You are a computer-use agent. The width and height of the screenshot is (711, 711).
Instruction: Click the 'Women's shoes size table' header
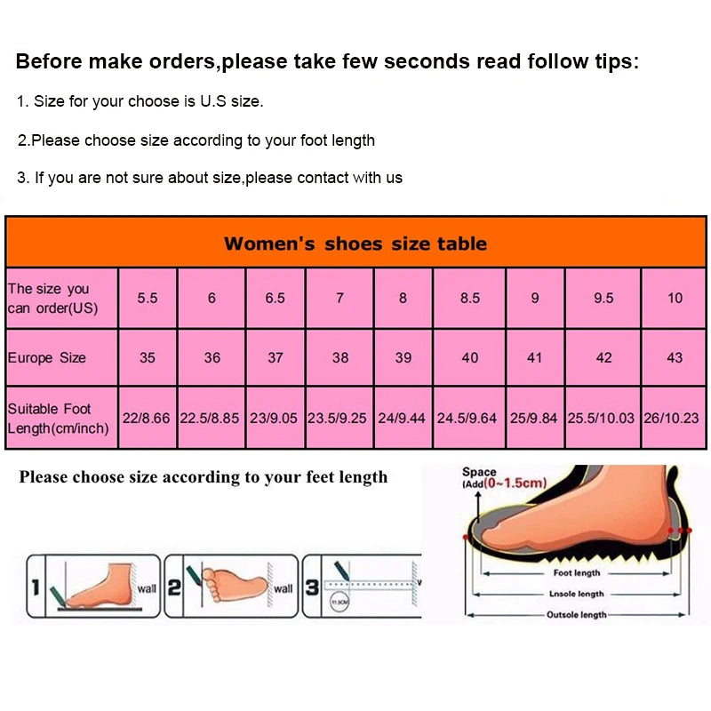tap(355, 244)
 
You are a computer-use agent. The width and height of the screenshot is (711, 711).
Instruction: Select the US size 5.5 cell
tap(148, 299)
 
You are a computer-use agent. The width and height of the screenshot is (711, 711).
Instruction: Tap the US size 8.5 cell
tap(470, 299)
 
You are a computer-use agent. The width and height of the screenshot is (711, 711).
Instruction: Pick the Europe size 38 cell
tap(340, 357)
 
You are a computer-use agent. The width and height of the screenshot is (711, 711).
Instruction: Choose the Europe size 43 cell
tap(675, 357)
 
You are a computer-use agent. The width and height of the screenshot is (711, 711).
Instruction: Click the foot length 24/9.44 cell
tap(403, 417)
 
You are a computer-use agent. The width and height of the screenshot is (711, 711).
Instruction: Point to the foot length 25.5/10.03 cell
tap(602, 417)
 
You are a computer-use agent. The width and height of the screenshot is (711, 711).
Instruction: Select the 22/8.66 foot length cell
tap(147, 417)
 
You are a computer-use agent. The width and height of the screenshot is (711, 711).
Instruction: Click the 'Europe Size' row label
tap(47, 357)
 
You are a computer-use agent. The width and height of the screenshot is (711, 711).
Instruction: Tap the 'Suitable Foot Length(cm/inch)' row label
tap(59, 418)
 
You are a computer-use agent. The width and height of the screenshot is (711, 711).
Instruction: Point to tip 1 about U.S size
tap(140, 101)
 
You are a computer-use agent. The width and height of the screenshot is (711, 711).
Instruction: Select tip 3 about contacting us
tap(210, 178)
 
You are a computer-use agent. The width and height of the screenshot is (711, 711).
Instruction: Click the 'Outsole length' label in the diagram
tap(576, 614)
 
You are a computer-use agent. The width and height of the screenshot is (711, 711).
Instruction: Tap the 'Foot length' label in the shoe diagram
tap(577, 574)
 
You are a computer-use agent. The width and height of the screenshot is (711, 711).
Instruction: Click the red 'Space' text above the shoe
tap(480, 473)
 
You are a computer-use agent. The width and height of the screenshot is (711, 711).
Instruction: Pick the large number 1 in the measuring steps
tap(35, 587)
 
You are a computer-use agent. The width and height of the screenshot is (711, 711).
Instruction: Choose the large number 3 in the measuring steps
tap(312, 587)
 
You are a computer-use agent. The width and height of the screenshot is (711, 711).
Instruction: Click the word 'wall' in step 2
tap(283, 588)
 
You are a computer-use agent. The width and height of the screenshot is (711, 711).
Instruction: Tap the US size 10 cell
tap(675, 299)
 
